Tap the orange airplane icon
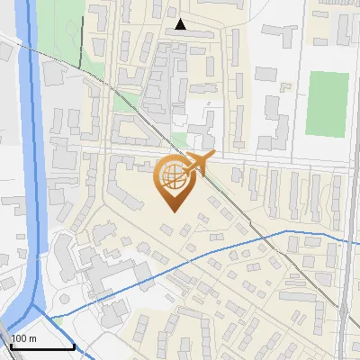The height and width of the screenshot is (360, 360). (198, 163)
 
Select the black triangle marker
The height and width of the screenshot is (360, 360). (182, 24)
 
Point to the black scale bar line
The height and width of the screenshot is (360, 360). (42, 346)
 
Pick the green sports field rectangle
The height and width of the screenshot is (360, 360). (327, 102)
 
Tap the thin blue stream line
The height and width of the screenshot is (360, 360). (234, 245)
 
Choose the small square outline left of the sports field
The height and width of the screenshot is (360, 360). (285, 86)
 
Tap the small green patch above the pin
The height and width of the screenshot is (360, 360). (179, 140)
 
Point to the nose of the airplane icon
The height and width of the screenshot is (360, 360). (213, 155)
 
